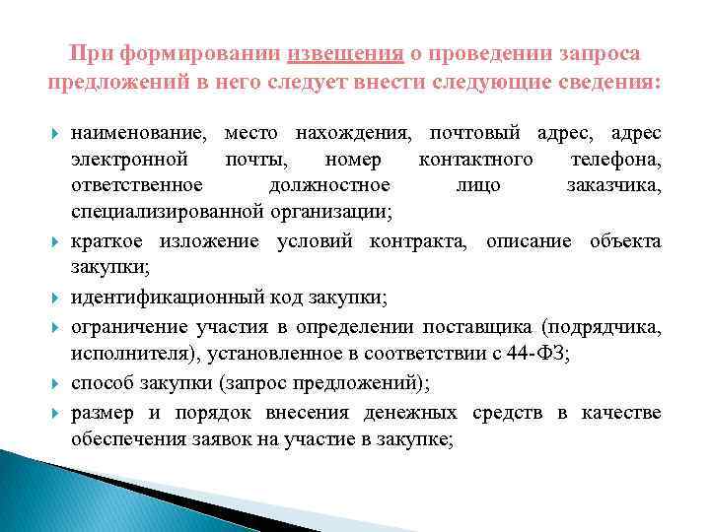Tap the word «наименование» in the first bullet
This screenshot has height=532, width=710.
138,132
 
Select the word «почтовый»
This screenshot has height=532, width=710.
468,132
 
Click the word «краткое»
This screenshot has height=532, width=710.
106,241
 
